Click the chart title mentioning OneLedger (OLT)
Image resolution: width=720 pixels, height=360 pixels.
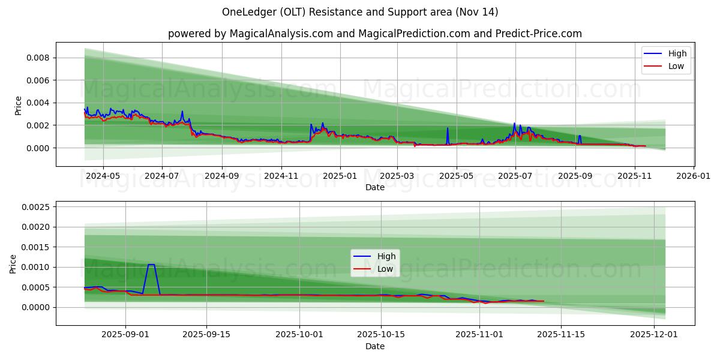(359, 12)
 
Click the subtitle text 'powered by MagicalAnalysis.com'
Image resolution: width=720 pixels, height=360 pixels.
(250, 34)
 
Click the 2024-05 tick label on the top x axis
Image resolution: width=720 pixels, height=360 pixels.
(103, 176)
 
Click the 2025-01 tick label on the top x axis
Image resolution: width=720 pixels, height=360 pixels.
(340, 176)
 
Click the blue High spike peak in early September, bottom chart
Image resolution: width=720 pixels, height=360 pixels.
(151, 265)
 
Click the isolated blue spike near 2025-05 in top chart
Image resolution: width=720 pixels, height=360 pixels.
(447, 128)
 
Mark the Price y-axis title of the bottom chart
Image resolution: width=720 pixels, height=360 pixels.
(14, 263)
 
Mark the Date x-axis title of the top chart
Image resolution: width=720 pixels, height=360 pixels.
(375, 187)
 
